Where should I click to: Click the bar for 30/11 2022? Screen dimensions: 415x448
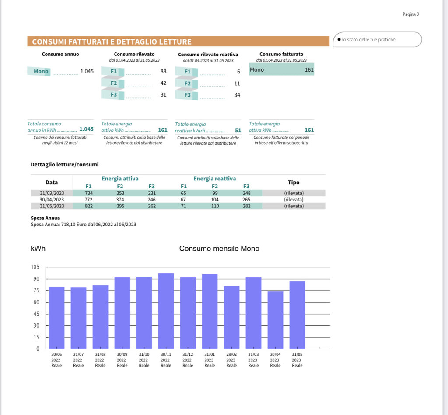coord(166,311)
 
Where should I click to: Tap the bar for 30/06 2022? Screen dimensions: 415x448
coord(56,318)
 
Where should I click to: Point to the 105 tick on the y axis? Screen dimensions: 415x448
coord(35,267)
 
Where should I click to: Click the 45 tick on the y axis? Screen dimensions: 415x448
coord(36,314)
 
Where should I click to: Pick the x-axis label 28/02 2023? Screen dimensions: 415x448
coord(231,360)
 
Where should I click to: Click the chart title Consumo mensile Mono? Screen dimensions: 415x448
coord(219,249)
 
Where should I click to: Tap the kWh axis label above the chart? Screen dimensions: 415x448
coord(38,249)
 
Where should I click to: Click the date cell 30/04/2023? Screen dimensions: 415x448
coord(52,200)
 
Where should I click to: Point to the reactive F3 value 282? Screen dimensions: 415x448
coord(246,206)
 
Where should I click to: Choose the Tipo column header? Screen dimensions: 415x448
coord(294,182)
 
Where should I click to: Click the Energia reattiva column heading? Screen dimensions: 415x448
coord(214,179)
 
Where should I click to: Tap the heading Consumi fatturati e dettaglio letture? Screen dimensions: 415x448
coord(112,42)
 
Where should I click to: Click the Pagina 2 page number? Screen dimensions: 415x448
coord(411,14)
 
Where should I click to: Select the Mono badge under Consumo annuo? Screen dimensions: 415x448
coord(41,71)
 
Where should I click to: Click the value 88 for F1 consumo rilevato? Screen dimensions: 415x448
coord(163,71)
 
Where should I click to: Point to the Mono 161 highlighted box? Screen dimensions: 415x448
coord(281,69)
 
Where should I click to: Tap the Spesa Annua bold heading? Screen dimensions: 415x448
coord(45,218)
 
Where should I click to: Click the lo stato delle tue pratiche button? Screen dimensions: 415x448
coord(377,39)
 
